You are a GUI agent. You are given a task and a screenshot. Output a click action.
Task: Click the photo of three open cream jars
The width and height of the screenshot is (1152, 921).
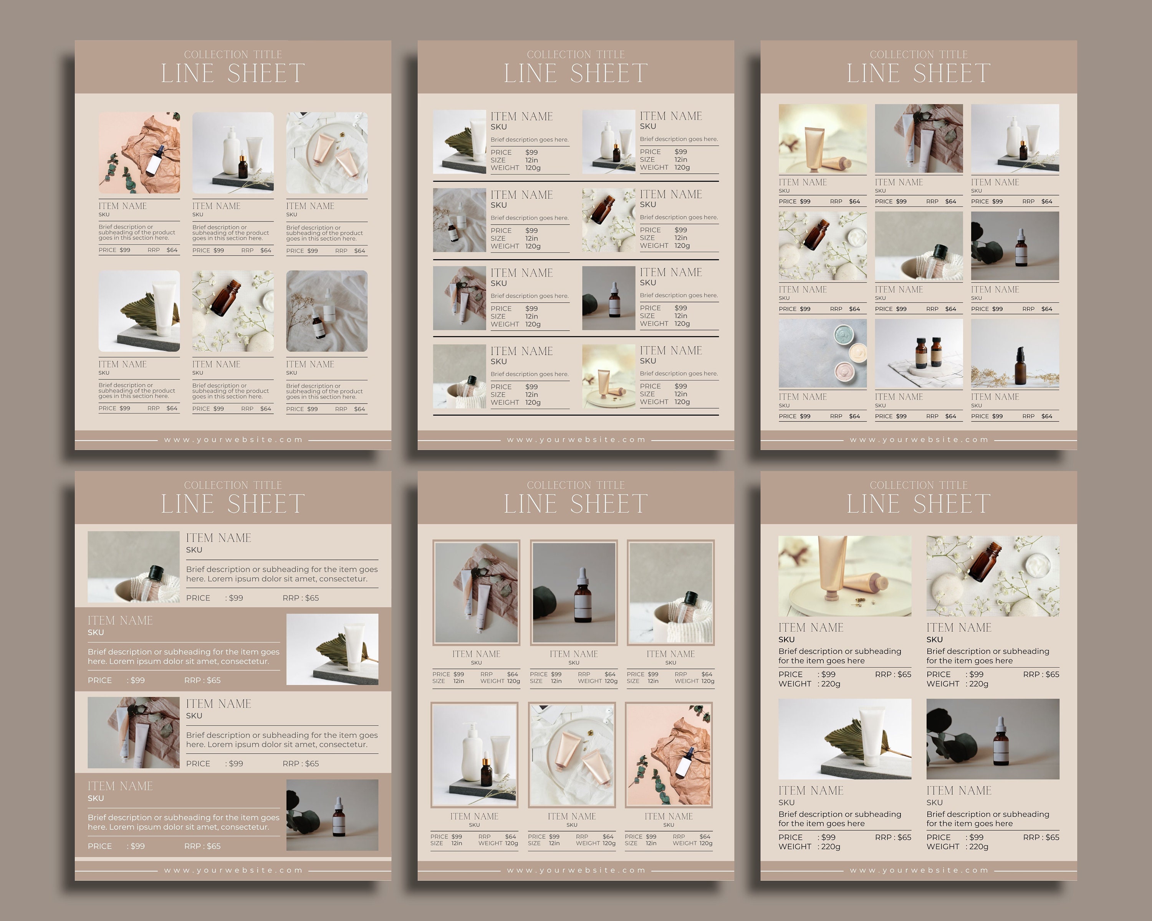pyautogui.click(x=822, y=353)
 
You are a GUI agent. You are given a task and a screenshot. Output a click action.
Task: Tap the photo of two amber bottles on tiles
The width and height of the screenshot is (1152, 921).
pyautogui.click(x=919, y=353)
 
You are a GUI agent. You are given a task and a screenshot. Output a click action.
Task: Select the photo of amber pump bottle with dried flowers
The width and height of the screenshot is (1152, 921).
pyautogui.click(x=1015, y=353)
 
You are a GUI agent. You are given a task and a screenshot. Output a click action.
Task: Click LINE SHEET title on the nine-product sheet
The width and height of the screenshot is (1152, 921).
pyautogui.click(x=918, y=73)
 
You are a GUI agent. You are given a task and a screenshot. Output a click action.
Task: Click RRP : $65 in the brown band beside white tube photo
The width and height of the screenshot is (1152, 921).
pyautogui.click(x=202, y=680)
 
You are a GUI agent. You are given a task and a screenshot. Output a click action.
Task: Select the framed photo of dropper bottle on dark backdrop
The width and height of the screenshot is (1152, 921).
pyautogui.click(x=574, y=592)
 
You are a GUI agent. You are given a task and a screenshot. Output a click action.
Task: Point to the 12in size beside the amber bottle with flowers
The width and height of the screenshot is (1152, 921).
pyautogui.click(x=681, y=238)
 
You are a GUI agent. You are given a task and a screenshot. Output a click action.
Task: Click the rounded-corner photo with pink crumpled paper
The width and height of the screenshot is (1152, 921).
pyautogui.click(x=139, y=153)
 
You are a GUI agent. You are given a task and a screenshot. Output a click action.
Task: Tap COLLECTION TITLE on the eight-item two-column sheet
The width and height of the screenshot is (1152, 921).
pyautogui.click(x=576, y=54)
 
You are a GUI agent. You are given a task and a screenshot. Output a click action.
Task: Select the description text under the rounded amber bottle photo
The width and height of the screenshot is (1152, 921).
pyautogui.click(x=230, y=391)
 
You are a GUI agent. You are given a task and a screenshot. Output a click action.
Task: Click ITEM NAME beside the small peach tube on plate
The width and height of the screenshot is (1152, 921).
pyautogui.click(x=670, y=351)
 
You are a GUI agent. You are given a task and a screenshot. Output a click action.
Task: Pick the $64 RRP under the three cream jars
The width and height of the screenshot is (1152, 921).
pyautogui.click(x=854, y=416)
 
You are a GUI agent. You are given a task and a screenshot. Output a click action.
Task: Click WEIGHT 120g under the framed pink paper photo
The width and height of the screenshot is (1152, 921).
pyautogui.click(x=692, y=843)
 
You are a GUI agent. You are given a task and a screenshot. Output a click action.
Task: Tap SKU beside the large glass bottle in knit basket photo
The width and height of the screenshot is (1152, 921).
pyautogui.click(x=194, y=550)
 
